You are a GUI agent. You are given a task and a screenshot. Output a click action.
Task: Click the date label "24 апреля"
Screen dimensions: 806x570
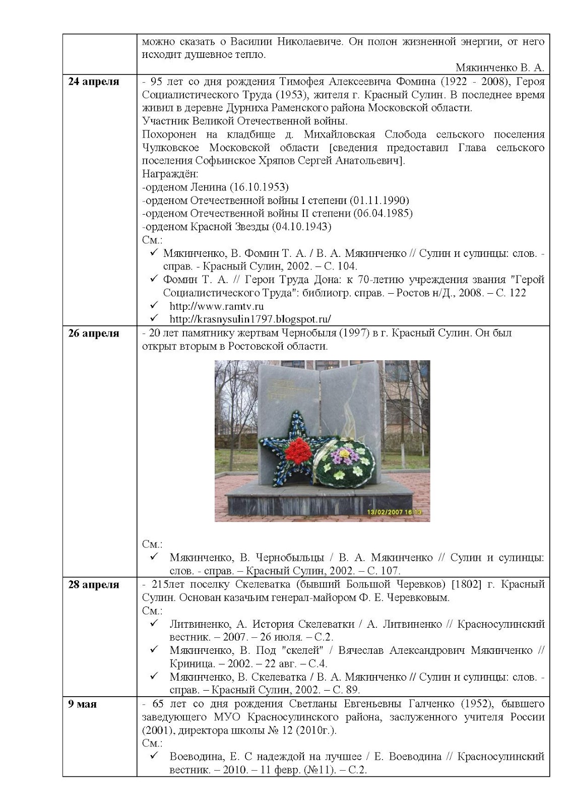click(94, 82)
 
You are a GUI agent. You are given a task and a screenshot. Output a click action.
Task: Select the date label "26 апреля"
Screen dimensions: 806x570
click(94, 333)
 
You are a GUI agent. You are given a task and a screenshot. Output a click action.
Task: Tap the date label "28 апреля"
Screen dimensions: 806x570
click(94, 585)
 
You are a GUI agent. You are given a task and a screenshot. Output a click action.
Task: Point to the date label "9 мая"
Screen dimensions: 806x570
click(82, 704)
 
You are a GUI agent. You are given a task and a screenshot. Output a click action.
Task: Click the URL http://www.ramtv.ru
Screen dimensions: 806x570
click(216, 306)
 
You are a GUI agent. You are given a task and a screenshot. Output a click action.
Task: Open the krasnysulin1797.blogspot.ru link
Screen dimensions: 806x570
click(250, 319)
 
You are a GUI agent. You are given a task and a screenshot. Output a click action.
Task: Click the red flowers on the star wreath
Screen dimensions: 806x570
click(297, 449)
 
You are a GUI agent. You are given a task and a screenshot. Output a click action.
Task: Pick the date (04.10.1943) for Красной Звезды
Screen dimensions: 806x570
click(301, 227)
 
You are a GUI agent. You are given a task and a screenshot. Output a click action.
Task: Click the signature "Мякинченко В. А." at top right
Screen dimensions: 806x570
click(499, 68)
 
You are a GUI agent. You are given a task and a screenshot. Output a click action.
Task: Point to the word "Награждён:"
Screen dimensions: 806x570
click(170, 174)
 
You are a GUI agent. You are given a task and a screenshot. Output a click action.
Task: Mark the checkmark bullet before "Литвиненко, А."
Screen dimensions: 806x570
click(154, 624)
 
